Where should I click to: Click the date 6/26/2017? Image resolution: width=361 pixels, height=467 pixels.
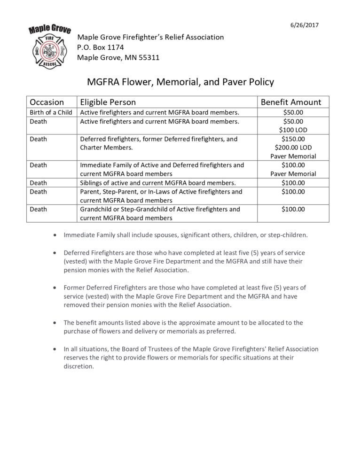306,25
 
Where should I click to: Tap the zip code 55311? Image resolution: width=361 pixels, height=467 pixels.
149,58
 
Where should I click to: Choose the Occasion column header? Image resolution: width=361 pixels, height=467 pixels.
47,102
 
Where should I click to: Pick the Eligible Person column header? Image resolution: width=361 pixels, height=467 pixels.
108,102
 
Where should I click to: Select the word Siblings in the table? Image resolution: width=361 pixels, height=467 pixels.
92,183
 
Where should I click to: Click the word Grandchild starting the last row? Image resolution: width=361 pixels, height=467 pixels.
97,209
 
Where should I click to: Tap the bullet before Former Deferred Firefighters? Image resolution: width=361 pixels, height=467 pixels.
57,288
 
